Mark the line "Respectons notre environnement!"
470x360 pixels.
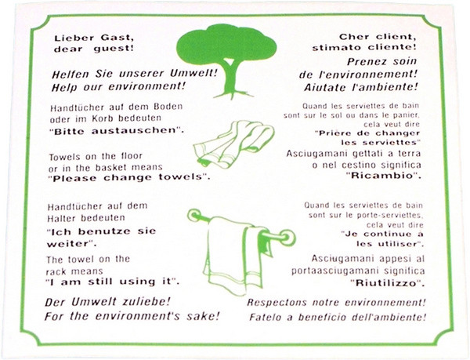[x=336, y=303]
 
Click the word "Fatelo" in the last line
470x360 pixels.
[x=268, y=318]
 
